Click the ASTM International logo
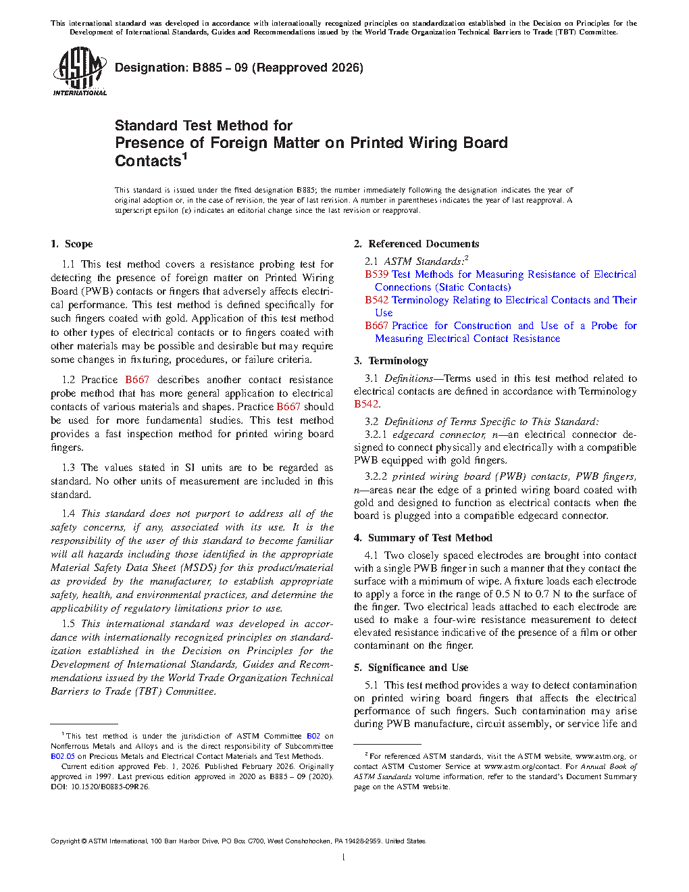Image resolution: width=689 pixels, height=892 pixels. [79, 71]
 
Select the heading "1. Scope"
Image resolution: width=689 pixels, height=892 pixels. [72, 244]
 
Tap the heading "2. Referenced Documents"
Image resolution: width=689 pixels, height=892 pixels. [417, 244]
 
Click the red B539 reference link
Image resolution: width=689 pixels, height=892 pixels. [377, 274]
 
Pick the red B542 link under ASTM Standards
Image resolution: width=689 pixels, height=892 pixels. [377, 300]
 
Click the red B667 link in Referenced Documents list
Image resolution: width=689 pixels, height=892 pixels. [377, 326]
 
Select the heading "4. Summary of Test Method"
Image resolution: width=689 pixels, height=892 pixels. [423, 538]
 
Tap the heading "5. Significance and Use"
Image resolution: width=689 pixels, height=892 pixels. [411, 668]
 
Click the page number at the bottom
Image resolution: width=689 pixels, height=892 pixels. [344, 858]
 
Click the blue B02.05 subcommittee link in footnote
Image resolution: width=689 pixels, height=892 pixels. [62, 756]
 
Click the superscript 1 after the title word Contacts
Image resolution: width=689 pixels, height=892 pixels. [184, 156]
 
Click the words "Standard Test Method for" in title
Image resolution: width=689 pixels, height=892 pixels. [203, 126]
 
